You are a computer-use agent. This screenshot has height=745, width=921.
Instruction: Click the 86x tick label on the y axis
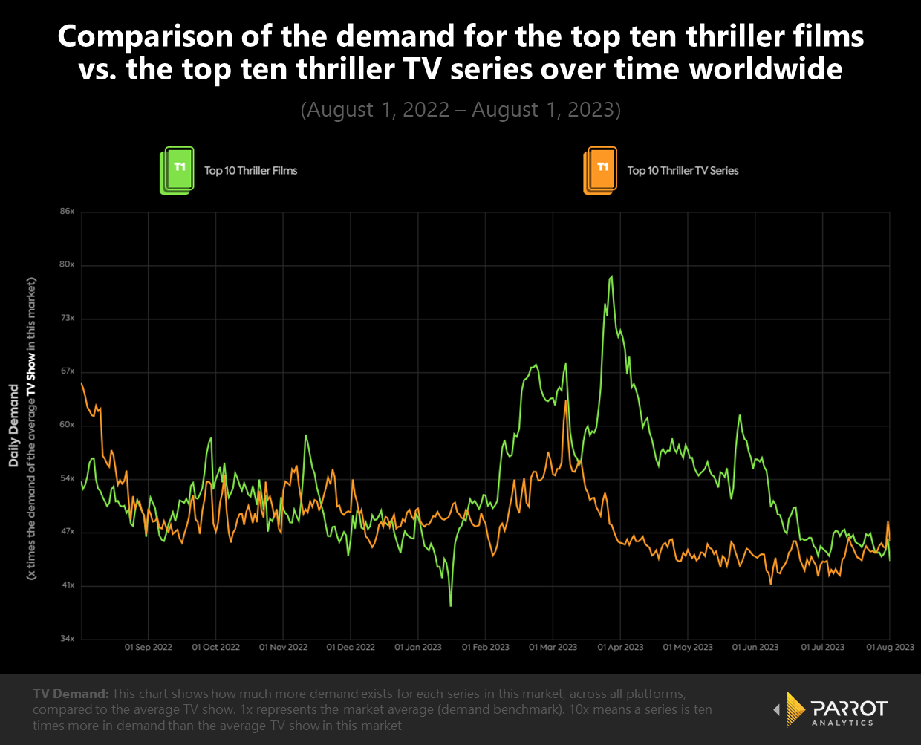coord(68,212)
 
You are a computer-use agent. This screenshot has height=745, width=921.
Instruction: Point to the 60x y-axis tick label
coord(68,425)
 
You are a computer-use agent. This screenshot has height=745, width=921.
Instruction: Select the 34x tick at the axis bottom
coord(68,639)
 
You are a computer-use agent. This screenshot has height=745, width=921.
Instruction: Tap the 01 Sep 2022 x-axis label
coord(149,647)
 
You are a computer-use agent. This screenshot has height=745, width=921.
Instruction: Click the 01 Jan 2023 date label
coord(418,647)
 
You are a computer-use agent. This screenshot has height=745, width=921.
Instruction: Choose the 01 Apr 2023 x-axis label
coord(620,647)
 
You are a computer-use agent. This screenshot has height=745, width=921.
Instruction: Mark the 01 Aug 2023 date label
coord(891,647)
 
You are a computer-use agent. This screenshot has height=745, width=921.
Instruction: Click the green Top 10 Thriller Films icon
coord(178,171)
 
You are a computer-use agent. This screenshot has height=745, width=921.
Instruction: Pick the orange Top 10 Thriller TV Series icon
coord(600,171)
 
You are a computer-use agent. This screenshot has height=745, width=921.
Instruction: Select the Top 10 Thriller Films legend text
coord(251,171)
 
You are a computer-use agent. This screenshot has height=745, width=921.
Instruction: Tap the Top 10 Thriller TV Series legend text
coord(683,171)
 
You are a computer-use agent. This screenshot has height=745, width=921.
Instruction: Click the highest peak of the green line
coord(611,277)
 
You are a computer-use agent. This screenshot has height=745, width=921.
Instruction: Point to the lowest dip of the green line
coord(451,605)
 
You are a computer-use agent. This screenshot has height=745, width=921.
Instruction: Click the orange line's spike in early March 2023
coord(566,402)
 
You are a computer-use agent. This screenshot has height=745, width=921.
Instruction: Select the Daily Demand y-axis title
coord(13,426)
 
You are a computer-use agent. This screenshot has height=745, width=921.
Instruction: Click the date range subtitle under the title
coord(461,110)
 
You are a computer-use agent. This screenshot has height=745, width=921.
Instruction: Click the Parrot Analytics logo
coord(830,710)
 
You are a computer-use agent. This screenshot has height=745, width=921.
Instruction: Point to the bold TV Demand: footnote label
coord(71,694)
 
